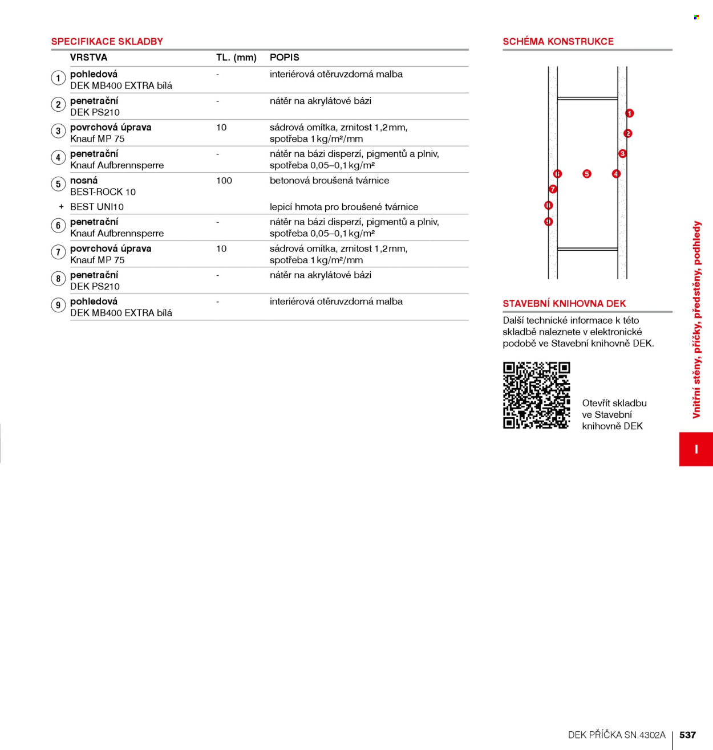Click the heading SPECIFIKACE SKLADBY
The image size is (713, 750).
(107, 42)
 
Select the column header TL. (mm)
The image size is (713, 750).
(236, 58)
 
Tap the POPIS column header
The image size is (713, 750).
(285, 58)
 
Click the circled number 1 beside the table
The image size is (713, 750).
(58, 78)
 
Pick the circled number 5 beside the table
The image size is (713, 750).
(58, 184)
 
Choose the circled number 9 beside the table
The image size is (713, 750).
(58, 305)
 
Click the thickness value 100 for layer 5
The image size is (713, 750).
(224, 181)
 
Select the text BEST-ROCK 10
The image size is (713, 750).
(103, 192)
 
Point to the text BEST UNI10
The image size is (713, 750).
(97, 207)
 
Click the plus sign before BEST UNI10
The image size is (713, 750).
(61, 207)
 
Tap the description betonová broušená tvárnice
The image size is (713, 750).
(329, 181)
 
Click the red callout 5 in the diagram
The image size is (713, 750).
(586, 174)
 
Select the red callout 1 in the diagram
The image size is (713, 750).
(629, 113)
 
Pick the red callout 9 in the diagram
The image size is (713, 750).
(548, 222)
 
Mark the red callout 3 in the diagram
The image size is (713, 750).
(622, 154)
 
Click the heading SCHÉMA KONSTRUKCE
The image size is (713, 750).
(558, 42)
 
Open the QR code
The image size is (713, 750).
(536, 395)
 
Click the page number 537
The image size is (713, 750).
(687, 735)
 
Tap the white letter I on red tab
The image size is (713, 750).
(696, 449)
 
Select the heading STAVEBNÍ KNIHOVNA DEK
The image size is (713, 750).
(564, 304)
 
